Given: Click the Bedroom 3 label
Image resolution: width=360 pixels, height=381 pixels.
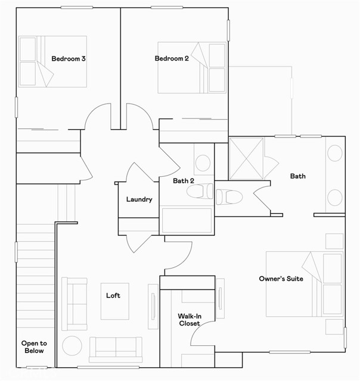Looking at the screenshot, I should [69, 59].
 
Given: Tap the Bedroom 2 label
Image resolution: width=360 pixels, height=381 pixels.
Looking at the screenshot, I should [172, 59].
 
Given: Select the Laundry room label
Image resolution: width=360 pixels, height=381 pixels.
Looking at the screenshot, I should [139, 200].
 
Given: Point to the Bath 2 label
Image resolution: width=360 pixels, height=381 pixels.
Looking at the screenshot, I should [184, 181].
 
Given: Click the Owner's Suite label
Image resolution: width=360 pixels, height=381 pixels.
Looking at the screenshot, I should [281, 279].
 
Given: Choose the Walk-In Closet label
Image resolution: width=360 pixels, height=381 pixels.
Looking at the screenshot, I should [188, 320].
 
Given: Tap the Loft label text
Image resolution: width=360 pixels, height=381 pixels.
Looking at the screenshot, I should [113, 296].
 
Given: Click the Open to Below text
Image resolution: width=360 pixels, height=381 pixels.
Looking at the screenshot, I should [34, 347].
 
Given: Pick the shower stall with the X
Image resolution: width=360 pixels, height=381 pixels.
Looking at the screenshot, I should [246, 158].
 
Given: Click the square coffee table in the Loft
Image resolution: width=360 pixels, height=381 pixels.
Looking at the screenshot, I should [114, 301].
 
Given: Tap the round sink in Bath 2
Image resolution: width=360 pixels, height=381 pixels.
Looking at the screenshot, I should [203, 162].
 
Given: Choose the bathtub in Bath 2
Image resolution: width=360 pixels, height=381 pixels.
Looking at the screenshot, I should [187, 220].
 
